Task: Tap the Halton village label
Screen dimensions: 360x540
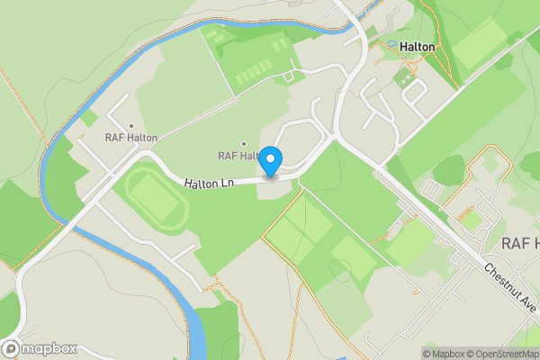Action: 418,47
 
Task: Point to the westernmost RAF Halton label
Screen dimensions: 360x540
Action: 131,138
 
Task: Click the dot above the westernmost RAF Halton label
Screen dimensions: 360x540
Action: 131,126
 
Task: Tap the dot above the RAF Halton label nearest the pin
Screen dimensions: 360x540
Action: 243,144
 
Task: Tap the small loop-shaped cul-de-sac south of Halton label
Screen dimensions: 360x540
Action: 413,87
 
